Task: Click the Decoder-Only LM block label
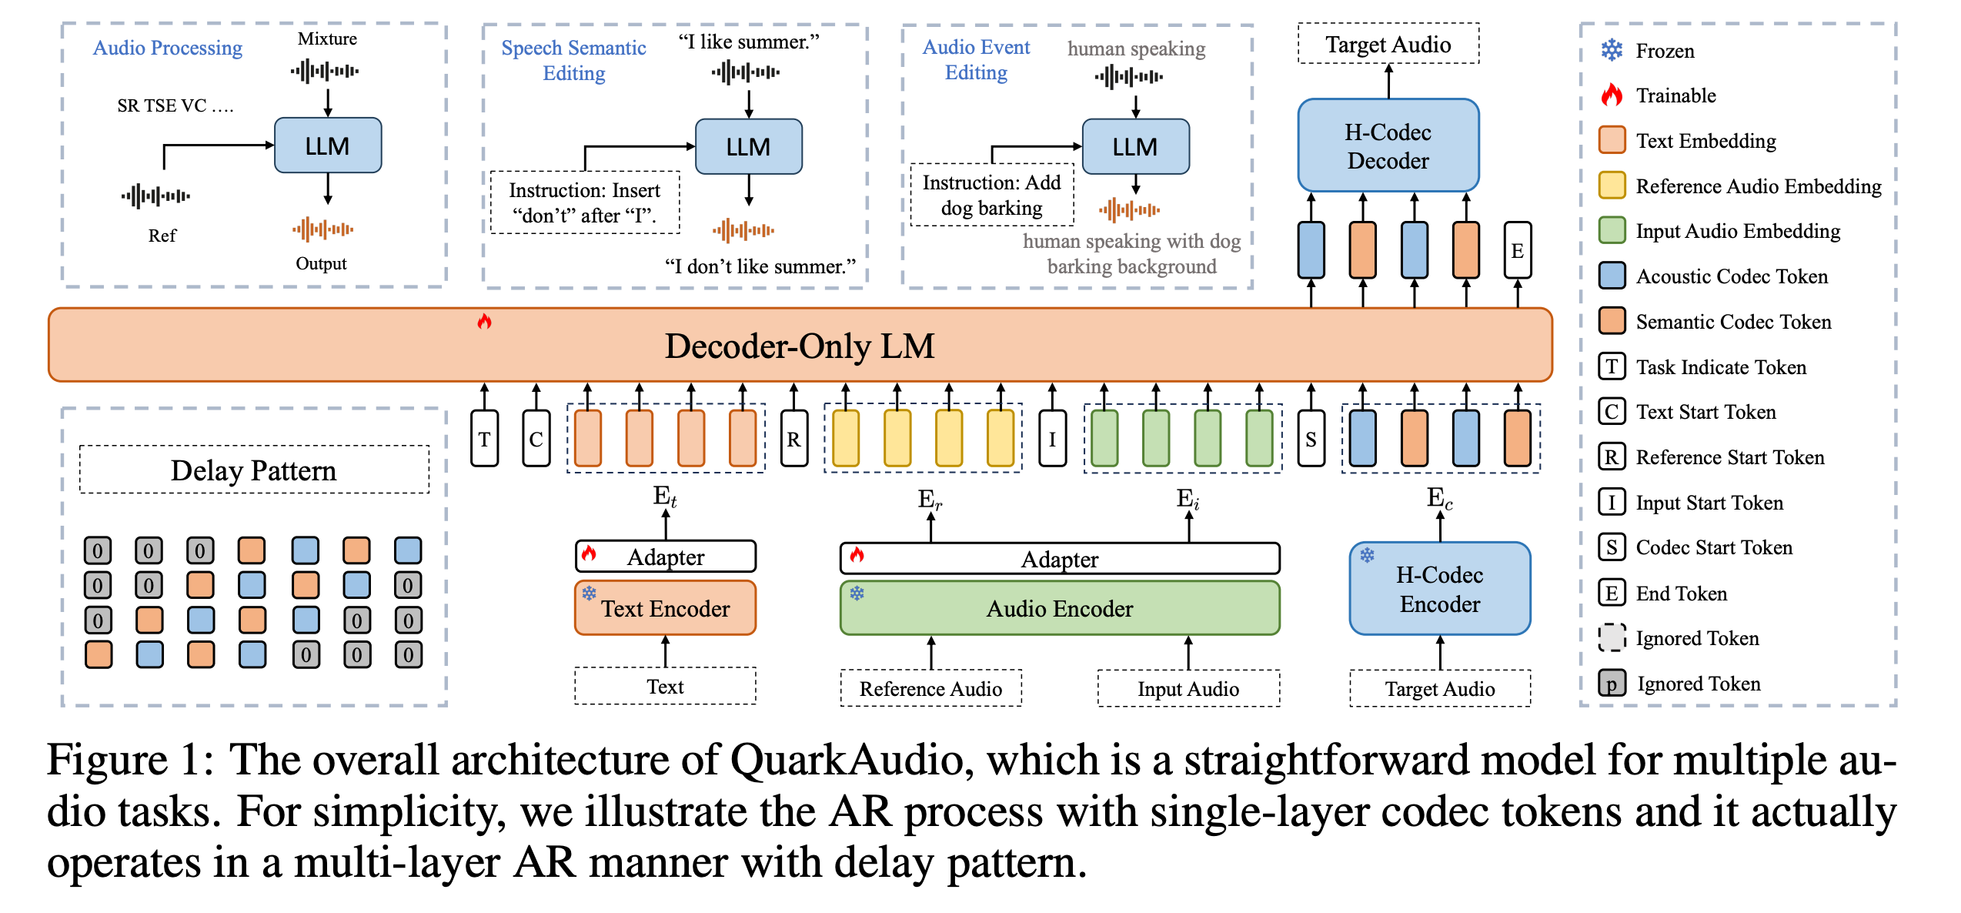click(x=799, y=346)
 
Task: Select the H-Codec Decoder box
click(x=1388, y=145)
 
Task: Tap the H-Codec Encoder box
click(x=1439, y=589)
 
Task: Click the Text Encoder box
click(x=665, y=608)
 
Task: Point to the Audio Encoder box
click(x=1059, y=608)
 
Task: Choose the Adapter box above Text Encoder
click(x=665, y=557)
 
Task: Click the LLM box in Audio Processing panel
click(x=327, y=145)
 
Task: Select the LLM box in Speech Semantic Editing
click(x=748, y=146)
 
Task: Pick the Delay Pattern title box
click(x=254, y=470)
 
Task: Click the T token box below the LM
click(x=484, y=439)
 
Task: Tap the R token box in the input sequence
click(x=793, y=439)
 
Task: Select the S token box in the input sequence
click(x=1311, y=439)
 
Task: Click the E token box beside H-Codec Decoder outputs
click(x=1517, y=250)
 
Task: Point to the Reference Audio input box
click(x=930, y=688)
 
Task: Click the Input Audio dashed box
click(x=1188, y=688)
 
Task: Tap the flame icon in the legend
click(x=1612, y=95)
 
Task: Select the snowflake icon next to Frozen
click(x=1612, y=51)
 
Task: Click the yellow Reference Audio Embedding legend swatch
click(x=1612, y=186)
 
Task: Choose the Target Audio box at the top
click(x=1388, y=45)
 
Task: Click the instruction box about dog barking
click(x=991, y=196)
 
